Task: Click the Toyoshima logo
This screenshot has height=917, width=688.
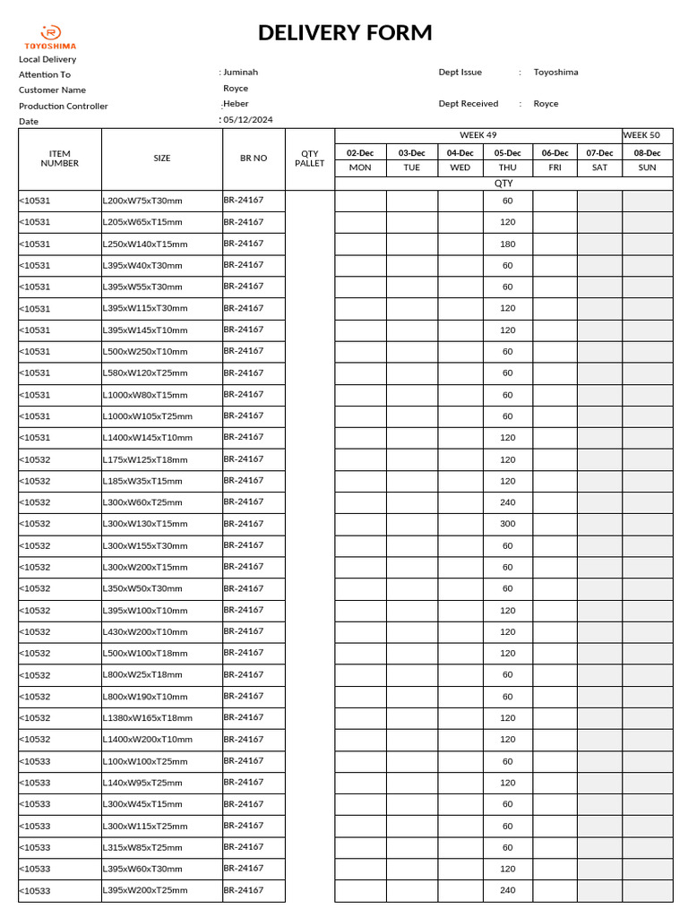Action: [50, 37]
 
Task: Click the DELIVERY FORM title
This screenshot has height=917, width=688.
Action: [345, 33]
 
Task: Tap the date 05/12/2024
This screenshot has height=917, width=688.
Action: [248, 119]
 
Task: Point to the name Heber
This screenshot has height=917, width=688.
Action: [236, 104]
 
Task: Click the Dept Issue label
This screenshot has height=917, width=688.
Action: [460, 72]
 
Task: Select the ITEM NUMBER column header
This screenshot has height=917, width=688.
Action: [60, 159]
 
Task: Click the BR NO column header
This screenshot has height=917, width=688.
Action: [254, 159]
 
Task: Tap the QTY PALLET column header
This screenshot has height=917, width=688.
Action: [310, 159]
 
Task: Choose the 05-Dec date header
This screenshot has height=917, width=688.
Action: [507, 153]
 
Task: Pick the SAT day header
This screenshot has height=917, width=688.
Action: [599, 167]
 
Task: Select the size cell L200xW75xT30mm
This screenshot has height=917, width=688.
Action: [142, 201]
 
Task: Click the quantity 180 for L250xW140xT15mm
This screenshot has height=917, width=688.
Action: [507, 244]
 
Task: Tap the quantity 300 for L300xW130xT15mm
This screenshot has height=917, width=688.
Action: [507, 524]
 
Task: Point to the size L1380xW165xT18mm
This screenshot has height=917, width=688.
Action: [148, 718]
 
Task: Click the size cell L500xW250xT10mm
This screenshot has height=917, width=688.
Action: [145, 352]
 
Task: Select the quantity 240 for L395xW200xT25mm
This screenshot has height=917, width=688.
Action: [507, 890]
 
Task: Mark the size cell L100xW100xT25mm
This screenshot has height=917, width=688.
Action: [145, 761]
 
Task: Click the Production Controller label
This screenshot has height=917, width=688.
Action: [64, 106]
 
